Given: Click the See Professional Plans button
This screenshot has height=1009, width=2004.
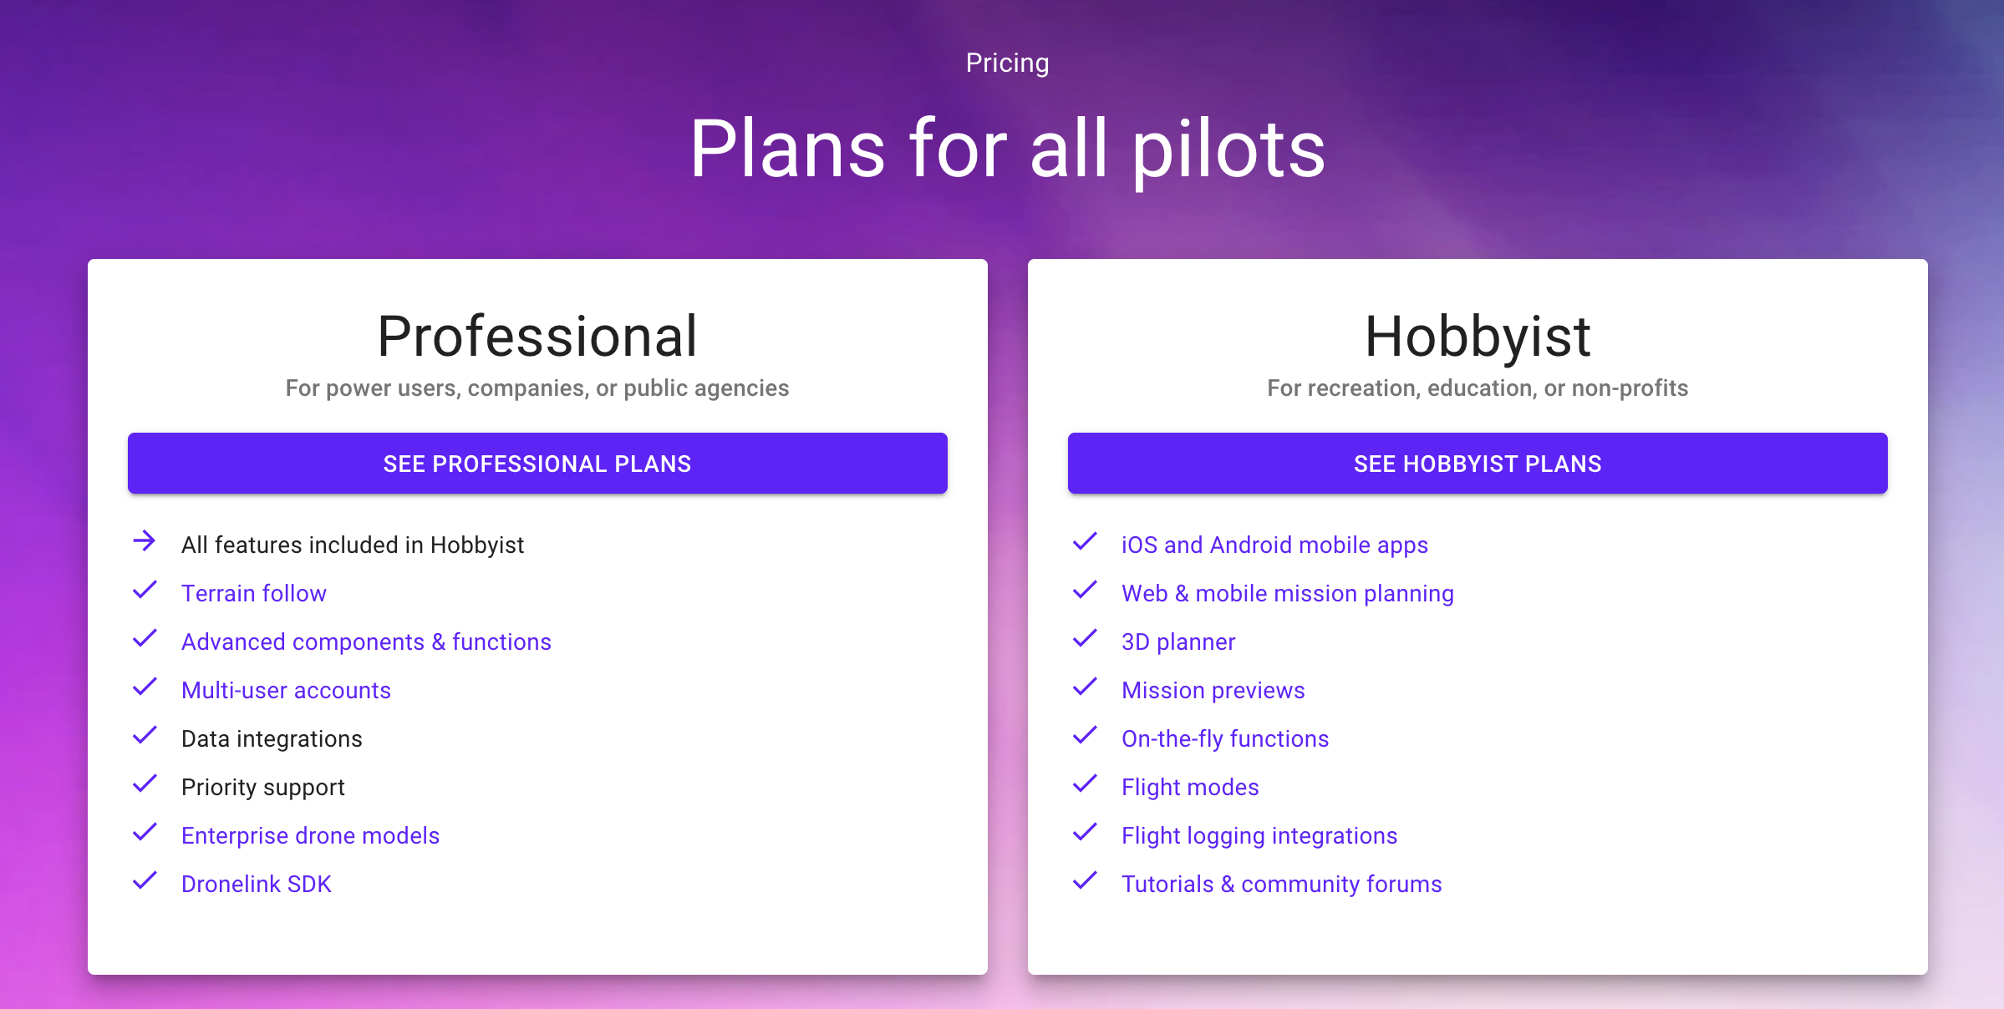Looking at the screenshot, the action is [x=537, y=464].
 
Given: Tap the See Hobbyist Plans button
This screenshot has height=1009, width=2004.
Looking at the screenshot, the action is [x=1478, y=464].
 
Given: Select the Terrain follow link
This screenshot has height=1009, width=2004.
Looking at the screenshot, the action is [x=254, y=593].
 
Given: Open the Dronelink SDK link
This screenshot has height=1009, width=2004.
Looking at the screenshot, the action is [x=257, y=884].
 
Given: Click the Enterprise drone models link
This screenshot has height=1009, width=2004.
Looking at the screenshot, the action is [x=310, y=835].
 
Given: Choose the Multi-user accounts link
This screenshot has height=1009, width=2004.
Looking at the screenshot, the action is [x=286, y=690].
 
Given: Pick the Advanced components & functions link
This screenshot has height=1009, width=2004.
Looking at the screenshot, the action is [x=366, y=641].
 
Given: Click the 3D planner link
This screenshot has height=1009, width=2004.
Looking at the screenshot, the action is [x=1178, y=641].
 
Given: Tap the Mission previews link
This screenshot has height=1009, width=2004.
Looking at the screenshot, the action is [x=1213, y=690].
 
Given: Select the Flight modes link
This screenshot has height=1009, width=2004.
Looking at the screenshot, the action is [x=1190, y=787].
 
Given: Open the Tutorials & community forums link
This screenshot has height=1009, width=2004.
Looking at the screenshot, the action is [x=1282, y=884].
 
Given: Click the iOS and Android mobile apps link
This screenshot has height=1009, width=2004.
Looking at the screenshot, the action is [x=1274, y=545].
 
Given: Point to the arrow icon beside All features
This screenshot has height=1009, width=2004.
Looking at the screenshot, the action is [x=145, y=541].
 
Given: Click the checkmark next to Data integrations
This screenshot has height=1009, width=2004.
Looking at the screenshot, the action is [x=145, y=735].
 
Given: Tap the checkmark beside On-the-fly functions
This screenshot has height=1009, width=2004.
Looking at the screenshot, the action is [x=1085, y=735].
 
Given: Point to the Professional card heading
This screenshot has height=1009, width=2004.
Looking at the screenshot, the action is [x=537, y=336].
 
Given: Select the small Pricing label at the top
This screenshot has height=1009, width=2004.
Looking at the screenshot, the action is [x=1007, y=63].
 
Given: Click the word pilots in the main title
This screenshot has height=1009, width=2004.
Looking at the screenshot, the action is [x=1228, y=150].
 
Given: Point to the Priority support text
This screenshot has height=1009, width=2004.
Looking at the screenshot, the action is [x=263, y=788].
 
